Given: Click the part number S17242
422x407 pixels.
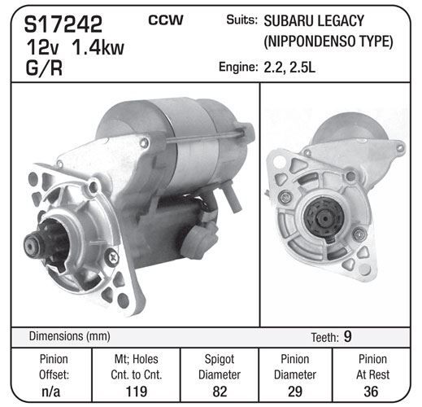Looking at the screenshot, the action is (x=63, y=24).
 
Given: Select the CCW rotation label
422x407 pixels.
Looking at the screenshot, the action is (x=166, y=20).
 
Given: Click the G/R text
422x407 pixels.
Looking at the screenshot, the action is (x=44, y=68).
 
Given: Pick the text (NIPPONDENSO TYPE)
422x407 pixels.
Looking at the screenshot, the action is (x=328, y=42).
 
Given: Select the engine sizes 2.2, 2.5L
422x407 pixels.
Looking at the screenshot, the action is (x=289, y=68).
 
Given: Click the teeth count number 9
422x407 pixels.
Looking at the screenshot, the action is (x=347, y=336).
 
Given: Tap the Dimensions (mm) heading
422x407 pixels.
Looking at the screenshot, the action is (x=69, y=336).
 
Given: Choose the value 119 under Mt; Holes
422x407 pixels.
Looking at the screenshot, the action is (x=137, y=392).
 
